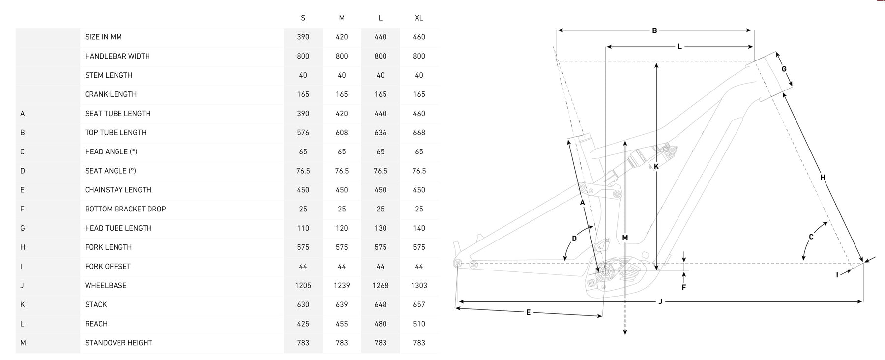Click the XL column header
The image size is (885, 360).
pos(419,18)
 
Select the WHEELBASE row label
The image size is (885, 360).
pos(106,285)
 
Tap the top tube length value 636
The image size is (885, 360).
pos(381,132)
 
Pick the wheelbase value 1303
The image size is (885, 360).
pos(419,285)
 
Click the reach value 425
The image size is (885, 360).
pos(303,324)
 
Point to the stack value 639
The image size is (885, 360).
pos(342,304)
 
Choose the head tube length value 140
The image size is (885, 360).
pos(419,228)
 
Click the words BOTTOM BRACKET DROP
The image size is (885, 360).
pos(125,209)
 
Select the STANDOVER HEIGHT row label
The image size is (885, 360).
pos(118,343)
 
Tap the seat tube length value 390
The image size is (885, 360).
pos(303,113)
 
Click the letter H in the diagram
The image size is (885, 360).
pos(823,178)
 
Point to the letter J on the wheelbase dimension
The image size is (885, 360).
pos(660,301)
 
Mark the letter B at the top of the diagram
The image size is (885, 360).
pos(654,30)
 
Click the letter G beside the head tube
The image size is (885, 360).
pos(784,69)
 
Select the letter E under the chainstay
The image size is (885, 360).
pos(528,312)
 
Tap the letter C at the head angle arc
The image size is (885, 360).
pos(811,237)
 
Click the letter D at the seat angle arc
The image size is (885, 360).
pos(574,239)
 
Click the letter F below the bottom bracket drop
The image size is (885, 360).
pos(683,287)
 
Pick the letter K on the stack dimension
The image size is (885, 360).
pos(656,167)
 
